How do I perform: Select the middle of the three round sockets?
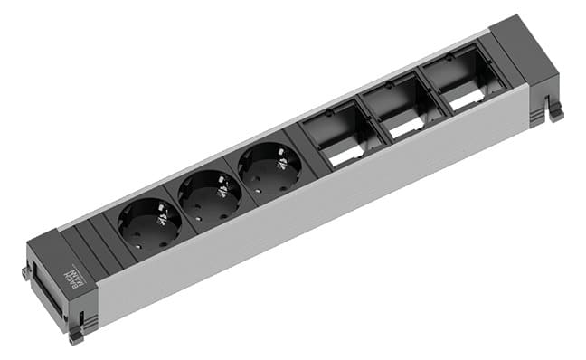(210, 195)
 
